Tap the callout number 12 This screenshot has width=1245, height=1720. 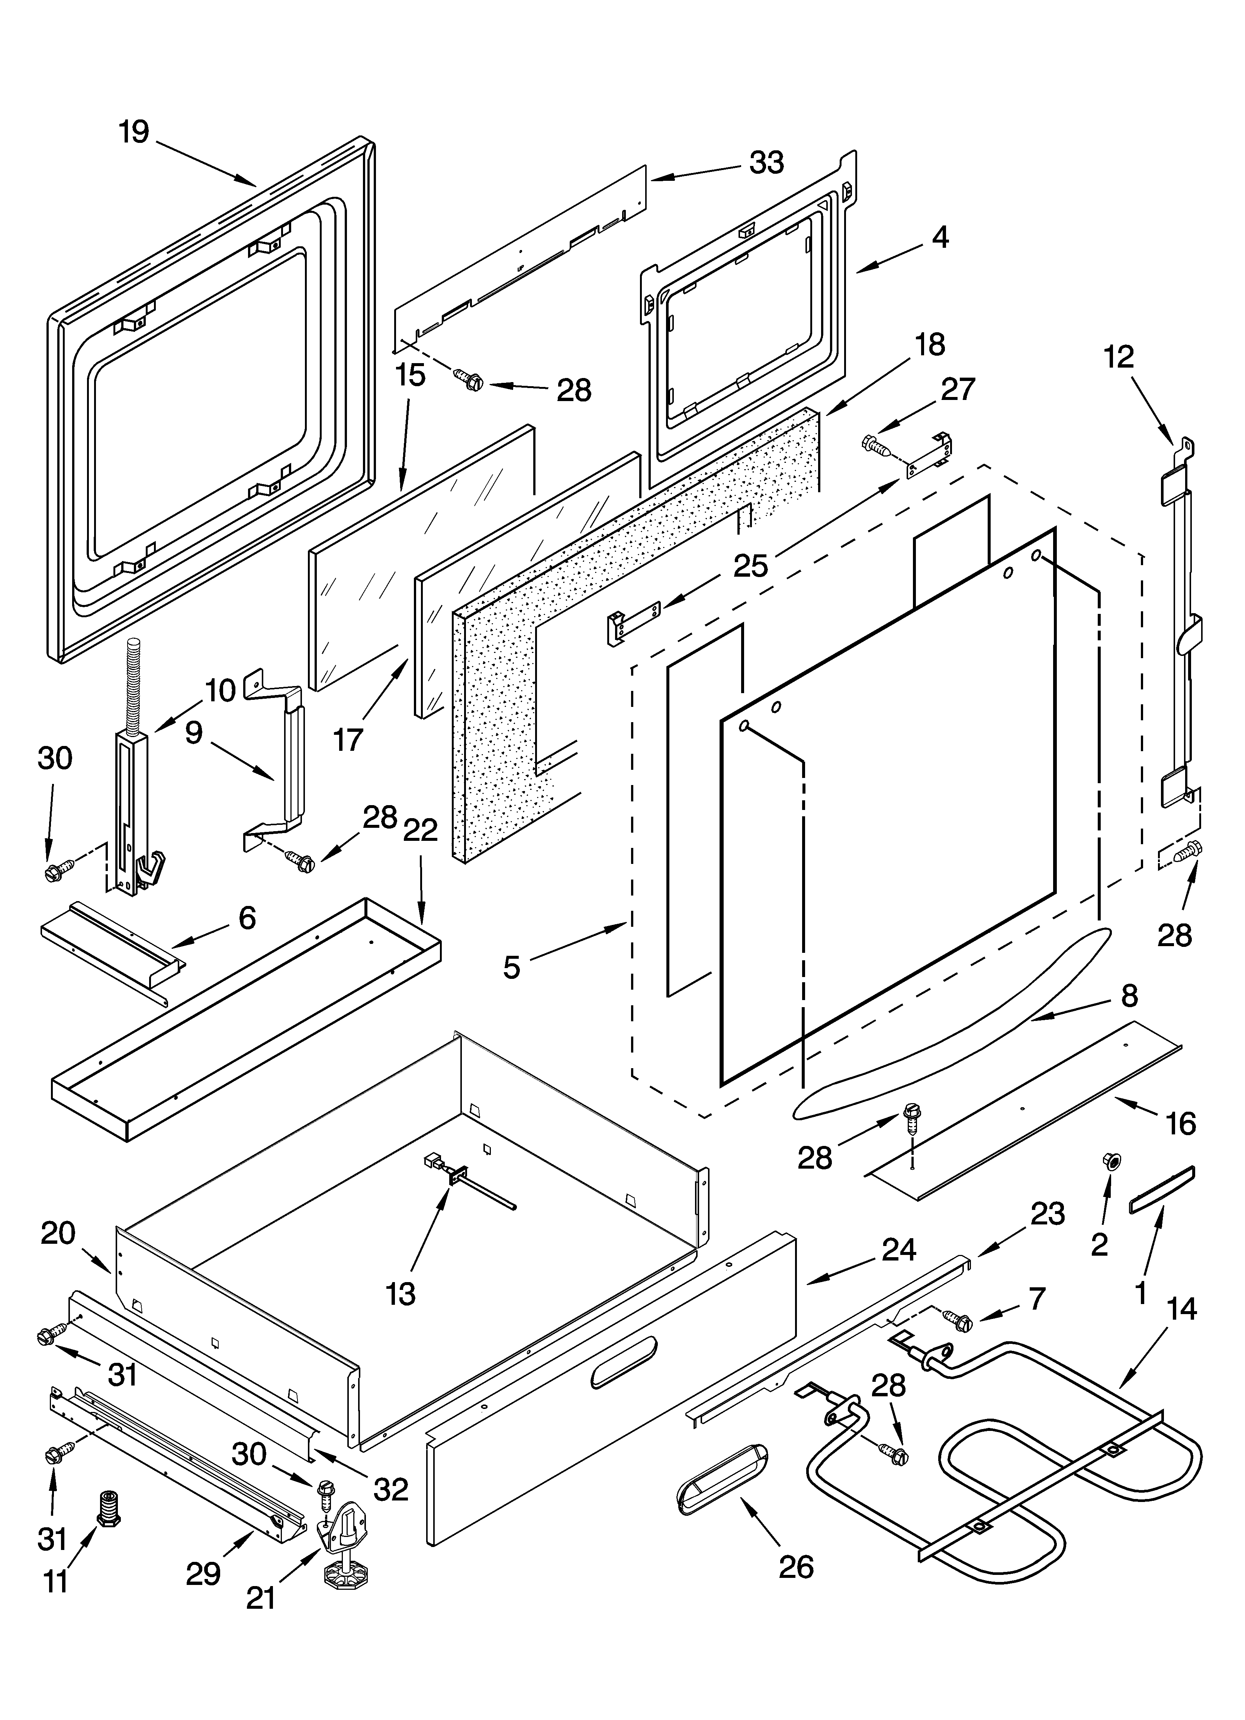tap(1118, 356)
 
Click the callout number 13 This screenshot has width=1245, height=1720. tap(400, 1294)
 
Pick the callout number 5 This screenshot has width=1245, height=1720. tap(512, 967)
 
